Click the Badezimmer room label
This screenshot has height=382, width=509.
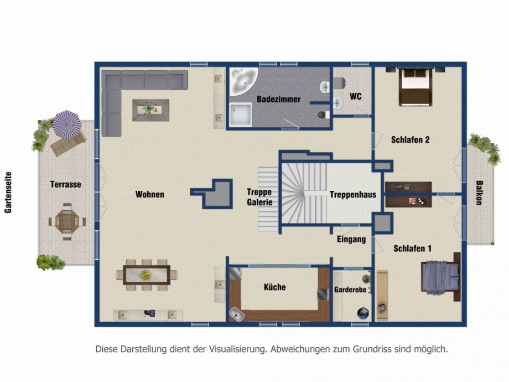(x=278, y=99)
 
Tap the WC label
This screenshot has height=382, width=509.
(x=355, y=96)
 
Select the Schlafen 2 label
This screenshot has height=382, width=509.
(x=411, y=140)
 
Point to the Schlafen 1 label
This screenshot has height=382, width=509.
(x=412, y=249)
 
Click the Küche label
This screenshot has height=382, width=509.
(x=274, y=287)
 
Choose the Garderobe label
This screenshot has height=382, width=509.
(x=347, y=291)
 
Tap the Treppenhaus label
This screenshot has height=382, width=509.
(x=352, y=194)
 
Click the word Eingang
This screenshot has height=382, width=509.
(x=351, y=240)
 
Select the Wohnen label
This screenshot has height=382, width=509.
(x=149, y=194)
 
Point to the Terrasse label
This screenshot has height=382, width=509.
(x=66, y=184)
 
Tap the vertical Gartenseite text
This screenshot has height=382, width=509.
(x=8, y=192)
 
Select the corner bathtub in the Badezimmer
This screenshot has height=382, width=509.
(x=242, y=81)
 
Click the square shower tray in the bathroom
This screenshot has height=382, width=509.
(x=241, y=115)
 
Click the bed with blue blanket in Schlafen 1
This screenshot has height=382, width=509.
(x=441, y=277)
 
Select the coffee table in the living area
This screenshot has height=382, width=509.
(x=150, y=110)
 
